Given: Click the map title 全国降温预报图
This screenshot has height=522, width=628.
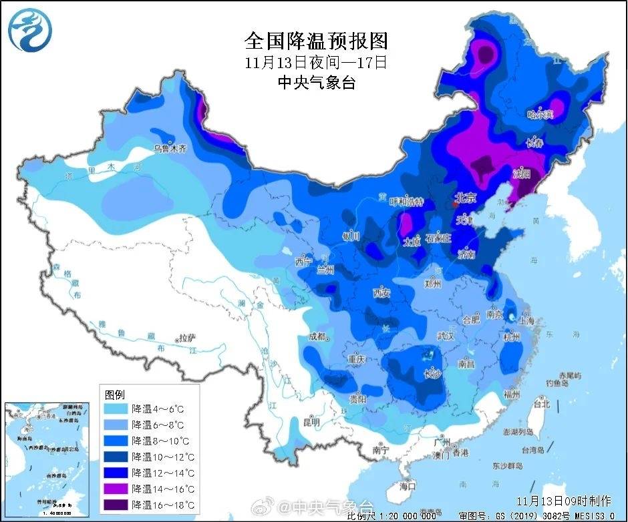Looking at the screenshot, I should tap(315, 41).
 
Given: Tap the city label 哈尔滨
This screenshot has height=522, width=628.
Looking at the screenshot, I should tap(540, 115).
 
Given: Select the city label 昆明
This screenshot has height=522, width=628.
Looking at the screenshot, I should tap(311, 422).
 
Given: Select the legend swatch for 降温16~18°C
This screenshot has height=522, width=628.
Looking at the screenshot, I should tap(116, 504).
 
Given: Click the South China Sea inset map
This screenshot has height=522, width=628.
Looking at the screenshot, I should tap(47, 458).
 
